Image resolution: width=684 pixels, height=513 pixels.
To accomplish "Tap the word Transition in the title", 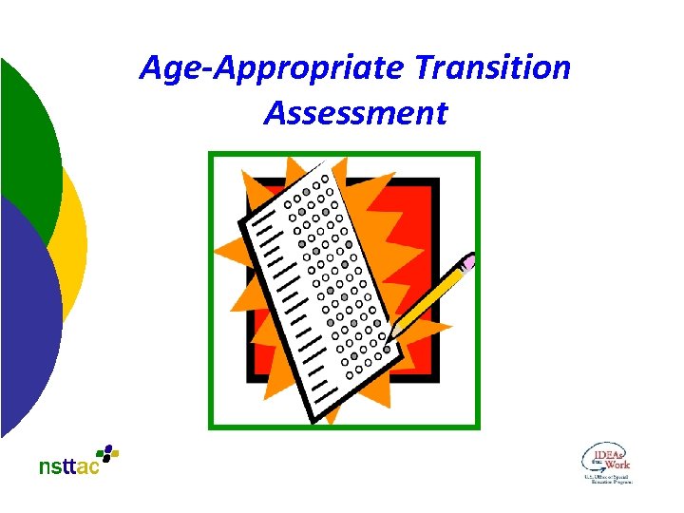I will coord(493,68).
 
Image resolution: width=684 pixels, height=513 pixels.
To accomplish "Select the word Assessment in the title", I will coord(355,113).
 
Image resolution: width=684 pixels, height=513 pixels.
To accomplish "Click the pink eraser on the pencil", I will coord(468,259).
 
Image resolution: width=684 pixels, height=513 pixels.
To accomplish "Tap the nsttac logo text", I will coord(68,466).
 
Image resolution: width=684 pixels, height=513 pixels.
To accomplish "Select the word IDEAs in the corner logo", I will coord(609,454).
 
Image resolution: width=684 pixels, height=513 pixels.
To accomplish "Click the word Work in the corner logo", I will coord(618,465).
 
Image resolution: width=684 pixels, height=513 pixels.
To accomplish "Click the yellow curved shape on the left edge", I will coord(75,237).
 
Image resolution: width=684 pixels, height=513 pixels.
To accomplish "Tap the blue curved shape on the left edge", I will coord(28,323).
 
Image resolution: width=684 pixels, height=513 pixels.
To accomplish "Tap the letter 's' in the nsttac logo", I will coord(56,467).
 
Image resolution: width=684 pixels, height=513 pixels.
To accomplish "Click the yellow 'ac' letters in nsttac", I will coord(88,467).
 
